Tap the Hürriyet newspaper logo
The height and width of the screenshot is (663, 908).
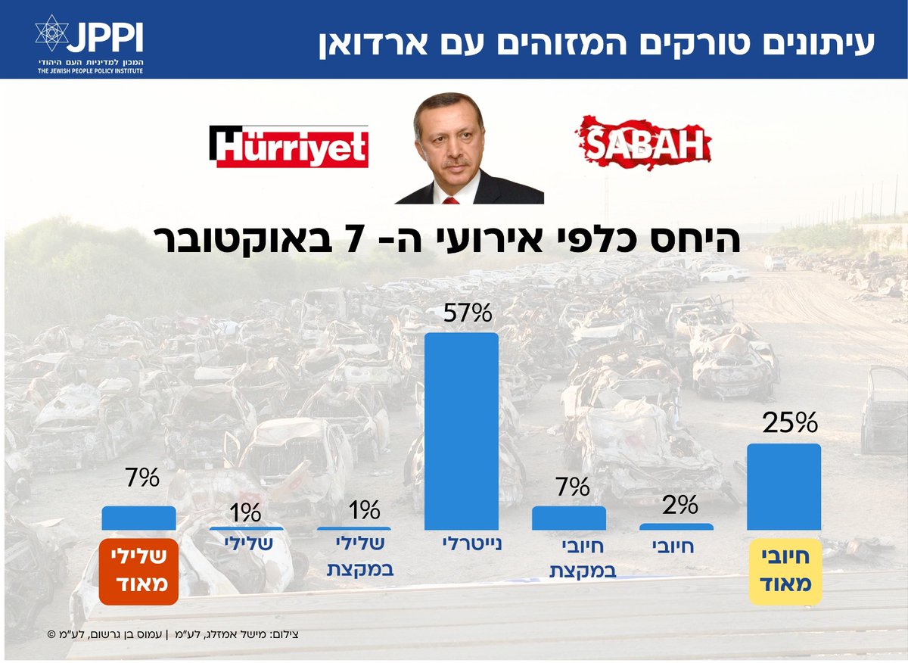pyautogui.click(x=289, y=147)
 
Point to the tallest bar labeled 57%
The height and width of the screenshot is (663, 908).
pyautogui.click(x=462, y=431)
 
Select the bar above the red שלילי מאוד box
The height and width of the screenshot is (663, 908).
pyautogui.click(x=139, y=518)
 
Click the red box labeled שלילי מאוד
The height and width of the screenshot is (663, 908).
pyautogui.click(x=138, y=571)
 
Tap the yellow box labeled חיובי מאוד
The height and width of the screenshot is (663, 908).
pyautogui.click(x=785, y=571)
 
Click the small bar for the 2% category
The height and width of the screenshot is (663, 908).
pyautogui.click(x=676, y=526)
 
